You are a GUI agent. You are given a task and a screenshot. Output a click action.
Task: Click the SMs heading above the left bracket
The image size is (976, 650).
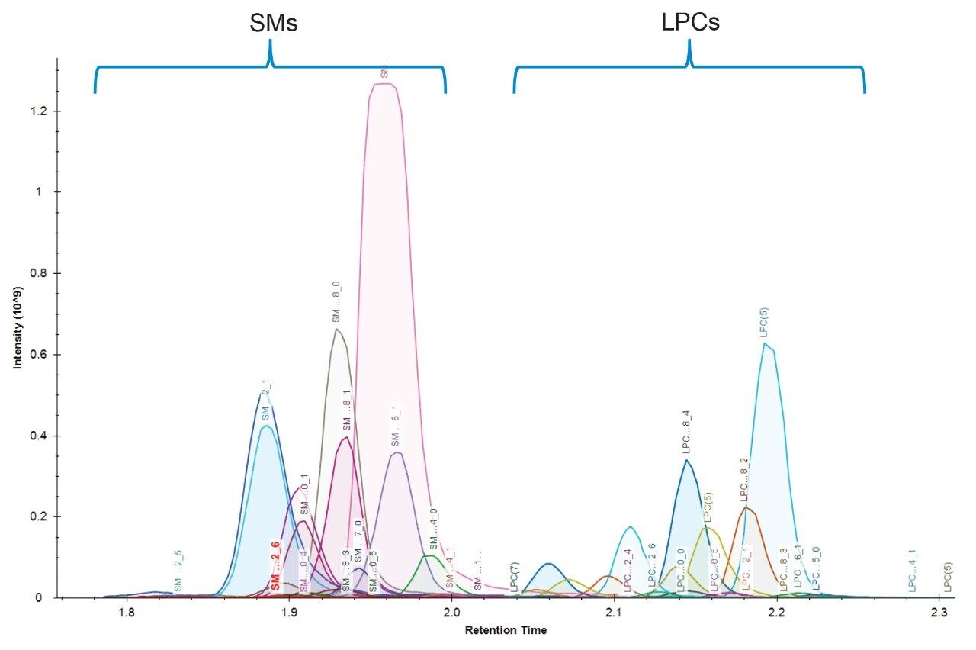pyautogui.click(x=273, y=24)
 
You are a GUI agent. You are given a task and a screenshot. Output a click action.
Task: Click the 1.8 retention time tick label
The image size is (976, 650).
pyautogui.click(x=126, y=613)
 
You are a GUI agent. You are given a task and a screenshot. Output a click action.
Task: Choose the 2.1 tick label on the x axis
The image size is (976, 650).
pyautogui.click(x=614, y=613)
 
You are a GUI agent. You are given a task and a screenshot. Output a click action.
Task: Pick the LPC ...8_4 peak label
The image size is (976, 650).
pyautogui.click(x=686, y=434)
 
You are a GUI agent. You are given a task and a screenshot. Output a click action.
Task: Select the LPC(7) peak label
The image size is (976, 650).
pyautogui.click(x=515, y=578)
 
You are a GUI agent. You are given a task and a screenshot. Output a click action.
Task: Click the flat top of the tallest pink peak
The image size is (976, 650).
pyautogui.click(x=382, y=84)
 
